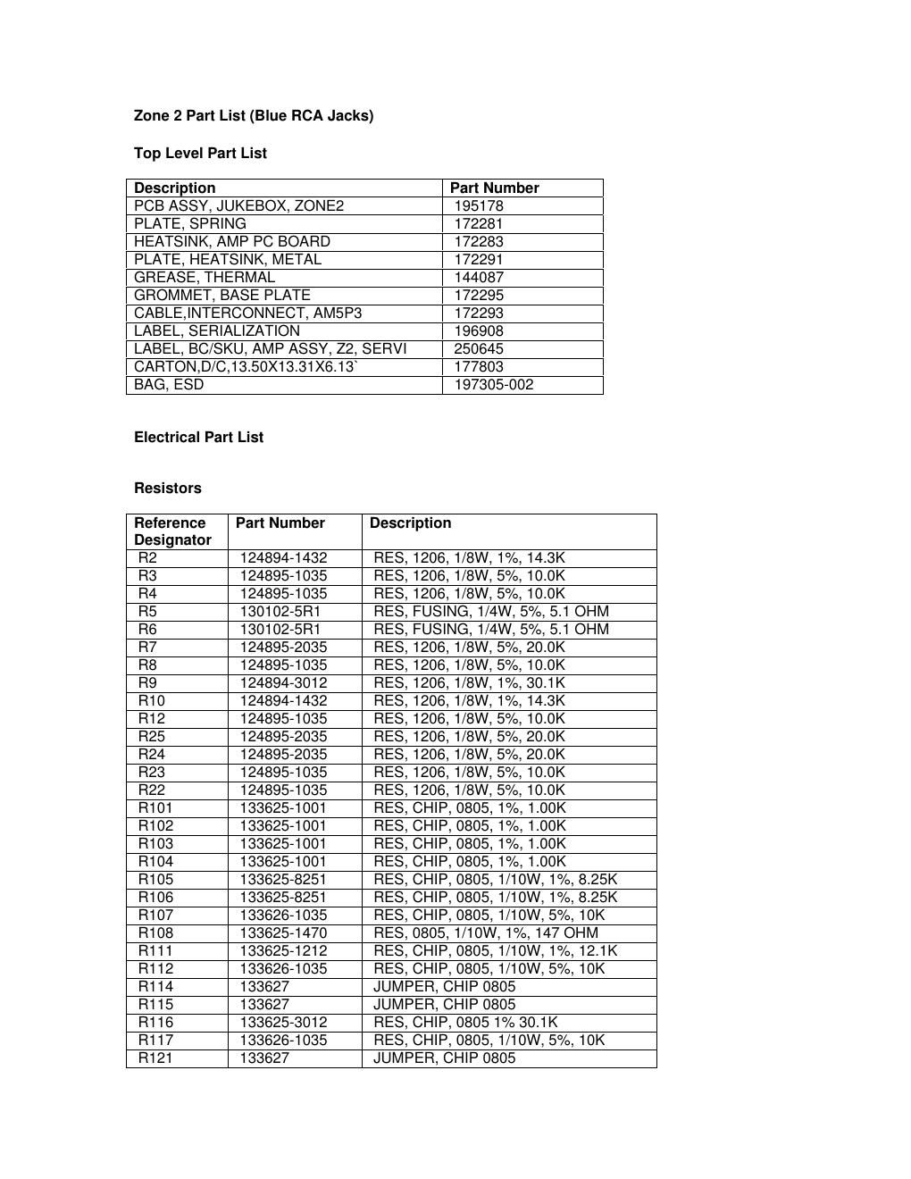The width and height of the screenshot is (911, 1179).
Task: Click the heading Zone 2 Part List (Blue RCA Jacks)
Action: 254,115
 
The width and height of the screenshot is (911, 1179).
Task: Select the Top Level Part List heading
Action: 200,153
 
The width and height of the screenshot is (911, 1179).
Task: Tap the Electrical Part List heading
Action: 198,437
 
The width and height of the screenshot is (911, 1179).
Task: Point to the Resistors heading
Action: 168,488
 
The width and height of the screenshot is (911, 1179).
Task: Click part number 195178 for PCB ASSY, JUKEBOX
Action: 479,205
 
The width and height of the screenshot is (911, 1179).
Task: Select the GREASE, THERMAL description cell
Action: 205,277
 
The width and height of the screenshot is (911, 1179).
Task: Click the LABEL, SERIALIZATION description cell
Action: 217,330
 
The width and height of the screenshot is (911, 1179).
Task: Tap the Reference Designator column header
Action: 172,531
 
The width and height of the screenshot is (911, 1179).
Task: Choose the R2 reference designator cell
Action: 147,557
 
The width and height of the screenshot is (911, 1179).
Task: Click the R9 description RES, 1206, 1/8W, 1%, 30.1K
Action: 469,682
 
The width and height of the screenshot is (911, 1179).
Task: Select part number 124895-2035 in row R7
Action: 283,647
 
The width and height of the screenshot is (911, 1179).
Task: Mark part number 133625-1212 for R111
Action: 283,950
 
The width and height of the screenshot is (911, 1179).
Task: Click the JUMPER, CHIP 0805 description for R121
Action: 444,1058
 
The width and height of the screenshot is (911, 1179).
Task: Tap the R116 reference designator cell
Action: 155,1022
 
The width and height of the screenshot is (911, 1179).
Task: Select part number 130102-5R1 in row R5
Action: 280,611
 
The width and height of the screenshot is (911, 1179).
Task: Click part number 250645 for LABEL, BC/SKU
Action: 479,348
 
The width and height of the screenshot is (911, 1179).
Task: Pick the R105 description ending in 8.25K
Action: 495,879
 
